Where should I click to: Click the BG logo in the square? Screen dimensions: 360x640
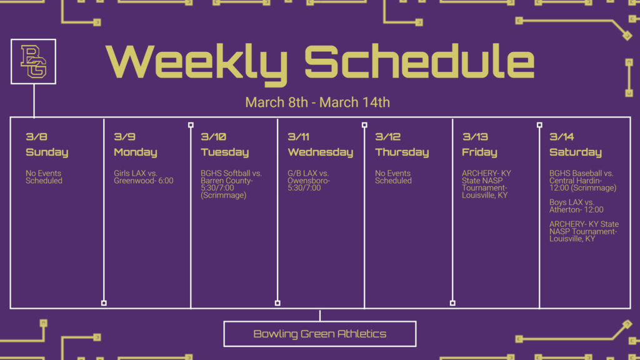click(34, 61)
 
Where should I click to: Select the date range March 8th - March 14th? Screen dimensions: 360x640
click(317, 102)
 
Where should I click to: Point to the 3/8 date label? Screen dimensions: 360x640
click(36, 137)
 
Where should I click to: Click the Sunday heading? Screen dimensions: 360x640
click(47, 152)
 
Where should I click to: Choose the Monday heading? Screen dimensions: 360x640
click(135, 152)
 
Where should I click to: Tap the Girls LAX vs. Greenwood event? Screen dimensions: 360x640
click(143, 177)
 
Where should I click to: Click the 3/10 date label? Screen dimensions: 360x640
click(213, 137)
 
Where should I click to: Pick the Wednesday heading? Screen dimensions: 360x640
click(320, 152)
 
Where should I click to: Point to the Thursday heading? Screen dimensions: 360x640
click(402, 152)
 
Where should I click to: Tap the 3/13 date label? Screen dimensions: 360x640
click(474, 137)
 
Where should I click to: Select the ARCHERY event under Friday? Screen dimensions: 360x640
click(487, 184)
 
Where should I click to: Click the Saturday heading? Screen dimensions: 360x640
click(575, 152)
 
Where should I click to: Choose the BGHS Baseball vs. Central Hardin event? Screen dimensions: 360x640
click(582, 181)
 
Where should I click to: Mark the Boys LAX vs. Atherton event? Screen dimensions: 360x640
click(576, 206)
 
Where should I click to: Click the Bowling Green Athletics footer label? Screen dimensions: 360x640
click(319, 334)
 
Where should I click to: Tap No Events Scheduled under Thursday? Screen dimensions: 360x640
click(393, 177)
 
